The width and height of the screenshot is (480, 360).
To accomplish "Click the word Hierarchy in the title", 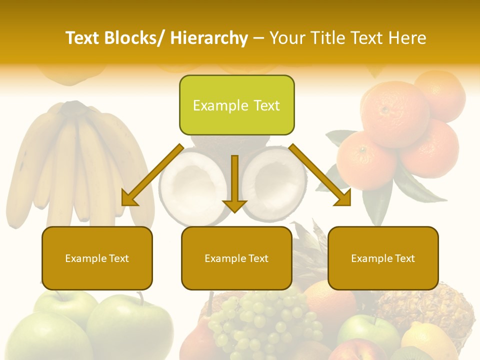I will tap(209, 38).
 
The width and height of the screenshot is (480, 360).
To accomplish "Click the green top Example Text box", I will tap(236, 105).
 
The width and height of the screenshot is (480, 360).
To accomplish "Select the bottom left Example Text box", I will tap(97, 258).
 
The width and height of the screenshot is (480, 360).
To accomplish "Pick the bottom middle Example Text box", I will tap(236, 258).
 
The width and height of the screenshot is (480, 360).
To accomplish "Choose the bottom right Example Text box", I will tap(383, 258).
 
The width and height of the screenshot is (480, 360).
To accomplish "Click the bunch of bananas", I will tap(75, 160).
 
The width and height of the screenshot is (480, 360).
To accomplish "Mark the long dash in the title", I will tap(258, 38).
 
